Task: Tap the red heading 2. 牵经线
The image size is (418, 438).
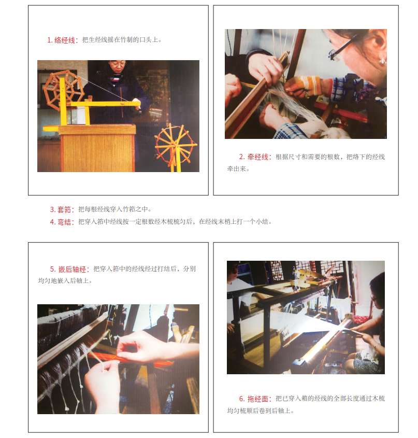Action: point(255,157)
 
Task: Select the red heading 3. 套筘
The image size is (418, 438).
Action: point(62,209)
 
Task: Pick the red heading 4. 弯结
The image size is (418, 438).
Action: point(62,222)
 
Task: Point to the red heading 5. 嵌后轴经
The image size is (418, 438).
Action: point(70,269)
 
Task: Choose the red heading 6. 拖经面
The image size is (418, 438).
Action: point(255,399)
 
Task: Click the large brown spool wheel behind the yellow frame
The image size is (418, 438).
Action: point(63,89)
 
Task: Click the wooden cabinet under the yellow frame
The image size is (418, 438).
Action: point(97,148)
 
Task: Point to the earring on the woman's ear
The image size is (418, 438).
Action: point(382,60)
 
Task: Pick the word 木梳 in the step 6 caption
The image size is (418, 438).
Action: point(379,398)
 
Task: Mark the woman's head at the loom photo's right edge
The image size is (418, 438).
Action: point(377,288)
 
